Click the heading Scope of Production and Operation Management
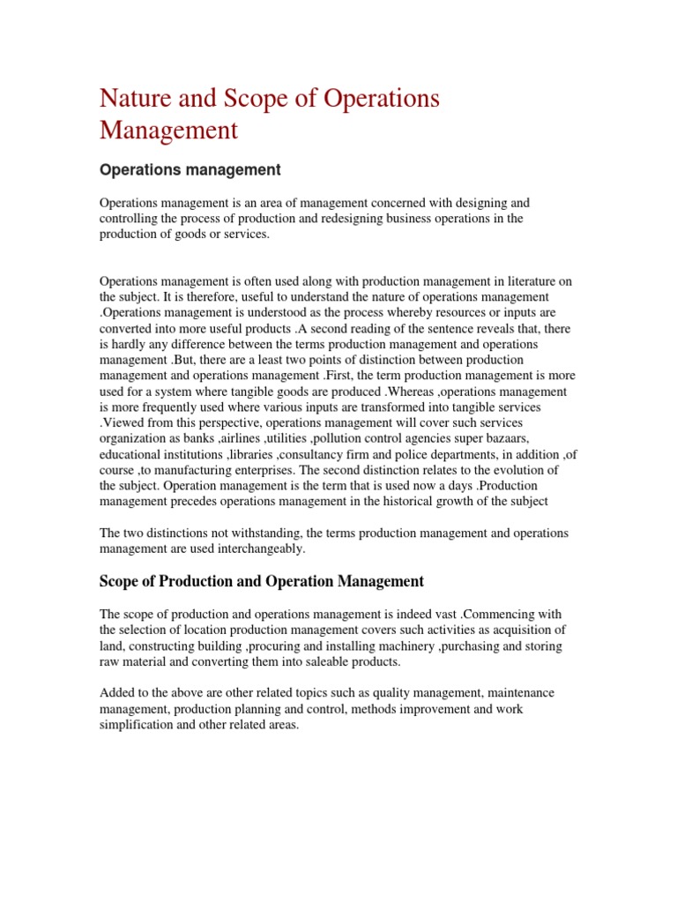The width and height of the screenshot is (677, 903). (262, 581)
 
